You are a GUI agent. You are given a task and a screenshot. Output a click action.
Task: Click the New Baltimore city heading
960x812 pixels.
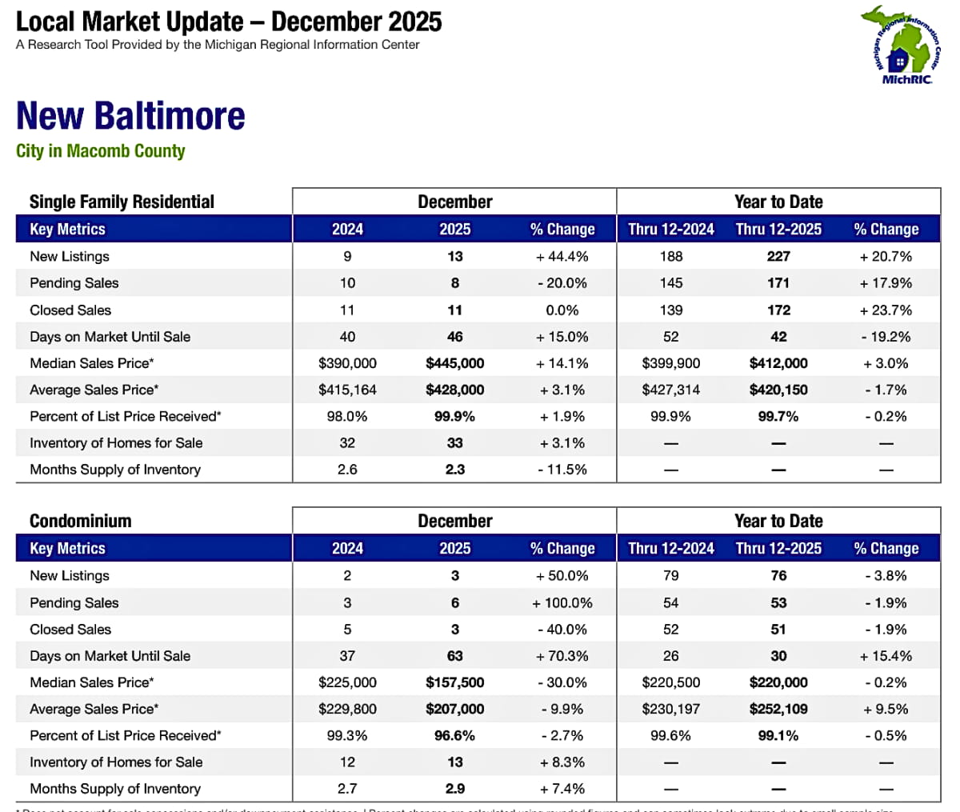pos(130,115)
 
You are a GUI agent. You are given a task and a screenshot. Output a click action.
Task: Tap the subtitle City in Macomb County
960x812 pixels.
pos(100,151)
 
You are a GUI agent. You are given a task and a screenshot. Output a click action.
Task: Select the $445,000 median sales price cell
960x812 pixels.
pos(454,363)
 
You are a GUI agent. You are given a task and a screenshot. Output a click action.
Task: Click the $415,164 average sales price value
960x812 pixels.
pos(347,390)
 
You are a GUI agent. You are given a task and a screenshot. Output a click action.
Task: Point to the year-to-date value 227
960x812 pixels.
pos(778,257)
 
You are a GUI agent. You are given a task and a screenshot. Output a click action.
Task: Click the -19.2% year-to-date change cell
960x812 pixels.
pos(886,337)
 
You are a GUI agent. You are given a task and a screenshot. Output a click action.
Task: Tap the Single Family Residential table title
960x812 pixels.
pos(122,202)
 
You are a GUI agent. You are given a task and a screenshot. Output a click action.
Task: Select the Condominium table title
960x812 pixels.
pos(80,521)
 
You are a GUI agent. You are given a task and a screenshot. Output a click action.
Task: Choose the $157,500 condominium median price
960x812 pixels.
pos(454,682)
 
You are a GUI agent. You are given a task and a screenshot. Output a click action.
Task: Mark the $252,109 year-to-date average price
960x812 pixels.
pos(778,709)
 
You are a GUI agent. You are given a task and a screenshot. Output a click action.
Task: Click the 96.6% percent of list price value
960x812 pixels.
pos(454,735)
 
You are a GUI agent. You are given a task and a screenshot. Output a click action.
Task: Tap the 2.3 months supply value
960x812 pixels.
pos(454,470)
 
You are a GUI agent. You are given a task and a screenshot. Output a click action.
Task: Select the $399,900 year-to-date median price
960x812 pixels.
pos(670,363)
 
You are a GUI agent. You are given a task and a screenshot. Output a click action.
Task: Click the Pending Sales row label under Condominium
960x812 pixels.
pos(74,603)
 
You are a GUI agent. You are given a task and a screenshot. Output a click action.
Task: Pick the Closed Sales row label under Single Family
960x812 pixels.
pos(70,310)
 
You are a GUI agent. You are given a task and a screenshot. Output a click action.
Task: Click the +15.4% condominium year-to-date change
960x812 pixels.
pos(886,656)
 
